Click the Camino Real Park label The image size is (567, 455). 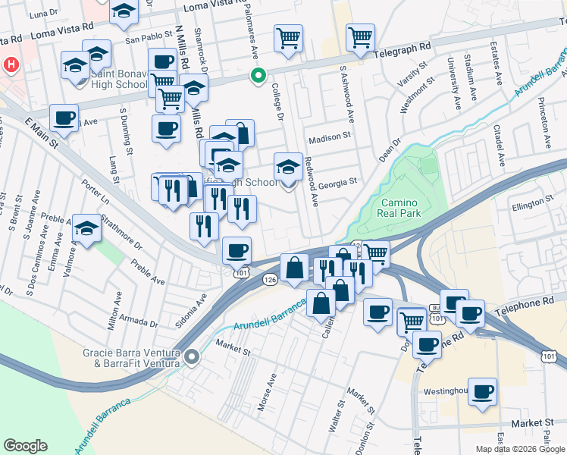pos(399,208)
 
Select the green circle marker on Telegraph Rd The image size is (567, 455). pos(258,75)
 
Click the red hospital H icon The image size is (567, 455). pos(11,65)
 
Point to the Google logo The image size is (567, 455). pos(26,446)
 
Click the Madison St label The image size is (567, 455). pos(330,138)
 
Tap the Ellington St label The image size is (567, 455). pos(528,203)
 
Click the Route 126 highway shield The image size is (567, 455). pos(270,280)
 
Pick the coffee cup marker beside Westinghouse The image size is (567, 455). pos(482,391)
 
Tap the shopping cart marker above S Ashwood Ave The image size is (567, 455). pos(361,36)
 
